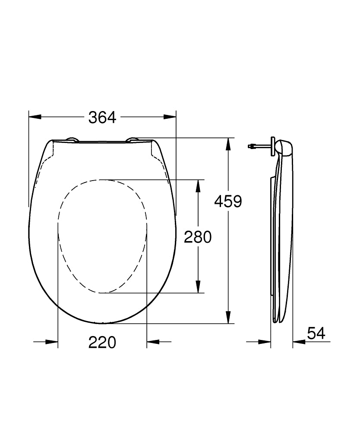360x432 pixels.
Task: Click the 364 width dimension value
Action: [102, 117]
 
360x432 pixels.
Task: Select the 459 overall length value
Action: [228, 201]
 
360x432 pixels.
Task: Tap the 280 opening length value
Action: [198, 237]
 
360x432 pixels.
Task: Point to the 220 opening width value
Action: [102, 342]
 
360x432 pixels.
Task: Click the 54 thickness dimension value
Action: [316, 333]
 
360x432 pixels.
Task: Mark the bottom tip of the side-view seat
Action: [276, 321]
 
